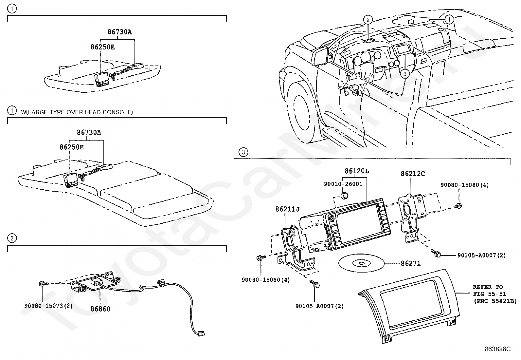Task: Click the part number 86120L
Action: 356,171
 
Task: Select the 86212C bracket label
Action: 413,174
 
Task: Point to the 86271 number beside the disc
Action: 411,263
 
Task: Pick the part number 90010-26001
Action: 343,184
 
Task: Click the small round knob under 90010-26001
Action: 344,196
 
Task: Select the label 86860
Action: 100,309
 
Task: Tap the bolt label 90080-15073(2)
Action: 48,306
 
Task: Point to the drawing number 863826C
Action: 497,349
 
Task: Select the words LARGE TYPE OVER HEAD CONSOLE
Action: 77,112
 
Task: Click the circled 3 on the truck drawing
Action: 405,74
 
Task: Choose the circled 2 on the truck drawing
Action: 368,20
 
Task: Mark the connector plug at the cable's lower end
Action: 200,333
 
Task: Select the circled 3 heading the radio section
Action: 243,152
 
